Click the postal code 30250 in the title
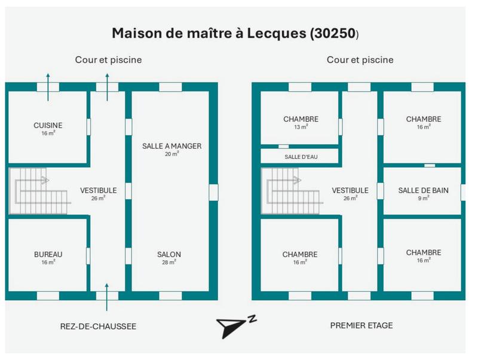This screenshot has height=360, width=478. [x=332, y=33]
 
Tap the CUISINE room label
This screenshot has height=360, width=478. [x=48, y=125]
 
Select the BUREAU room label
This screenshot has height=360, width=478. [x=48, y=254]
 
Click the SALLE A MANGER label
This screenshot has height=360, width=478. [x=171, y=146]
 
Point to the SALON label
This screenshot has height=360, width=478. [x=169, y=254]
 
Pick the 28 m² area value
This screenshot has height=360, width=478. [x=169, y=262]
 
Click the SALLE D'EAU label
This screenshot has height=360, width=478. [x=301, y=157]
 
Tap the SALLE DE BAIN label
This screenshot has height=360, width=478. [x=423, y=191]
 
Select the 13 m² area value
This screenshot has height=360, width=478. [x=301, y=127]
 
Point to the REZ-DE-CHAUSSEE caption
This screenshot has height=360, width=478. [x=98, y=326]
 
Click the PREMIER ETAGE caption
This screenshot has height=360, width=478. [x=361, y=325]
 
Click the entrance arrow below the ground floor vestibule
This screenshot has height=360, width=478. [x=107, y=298]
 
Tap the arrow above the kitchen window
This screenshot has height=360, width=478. [x=48, y=80]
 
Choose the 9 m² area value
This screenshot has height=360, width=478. [x=423, y=198]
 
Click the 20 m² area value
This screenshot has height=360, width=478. [x=171, y=154]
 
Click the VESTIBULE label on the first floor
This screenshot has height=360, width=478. [x=350, y=191]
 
